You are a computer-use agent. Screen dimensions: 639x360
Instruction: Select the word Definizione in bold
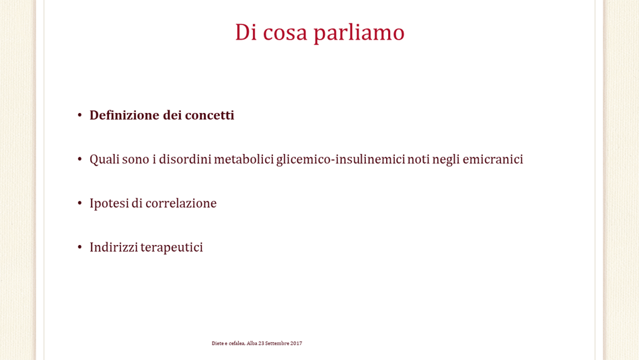tap(124, 115)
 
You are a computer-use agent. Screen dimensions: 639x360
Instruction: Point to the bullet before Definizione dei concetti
tap(79, 115)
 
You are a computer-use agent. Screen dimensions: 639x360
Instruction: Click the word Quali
tap(104, 159)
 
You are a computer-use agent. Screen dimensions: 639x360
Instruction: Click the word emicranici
tap(492, 159)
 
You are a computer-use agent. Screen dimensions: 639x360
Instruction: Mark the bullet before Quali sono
tap(79, 159)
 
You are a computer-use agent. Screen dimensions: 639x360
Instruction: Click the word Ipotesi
tap(109, 203)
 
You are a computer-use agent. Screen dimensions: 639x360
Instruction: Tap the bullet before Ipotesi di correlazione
tap(79, 203)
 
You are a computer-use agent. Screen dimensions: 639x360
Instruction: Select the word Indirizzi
tap(113, 247)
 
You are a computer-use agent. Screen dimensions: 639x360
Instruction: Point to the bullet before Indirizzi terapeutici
tap(79, 247)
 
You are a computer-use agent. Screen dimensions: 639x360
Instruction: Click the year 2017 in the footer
tap(296, 343)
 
